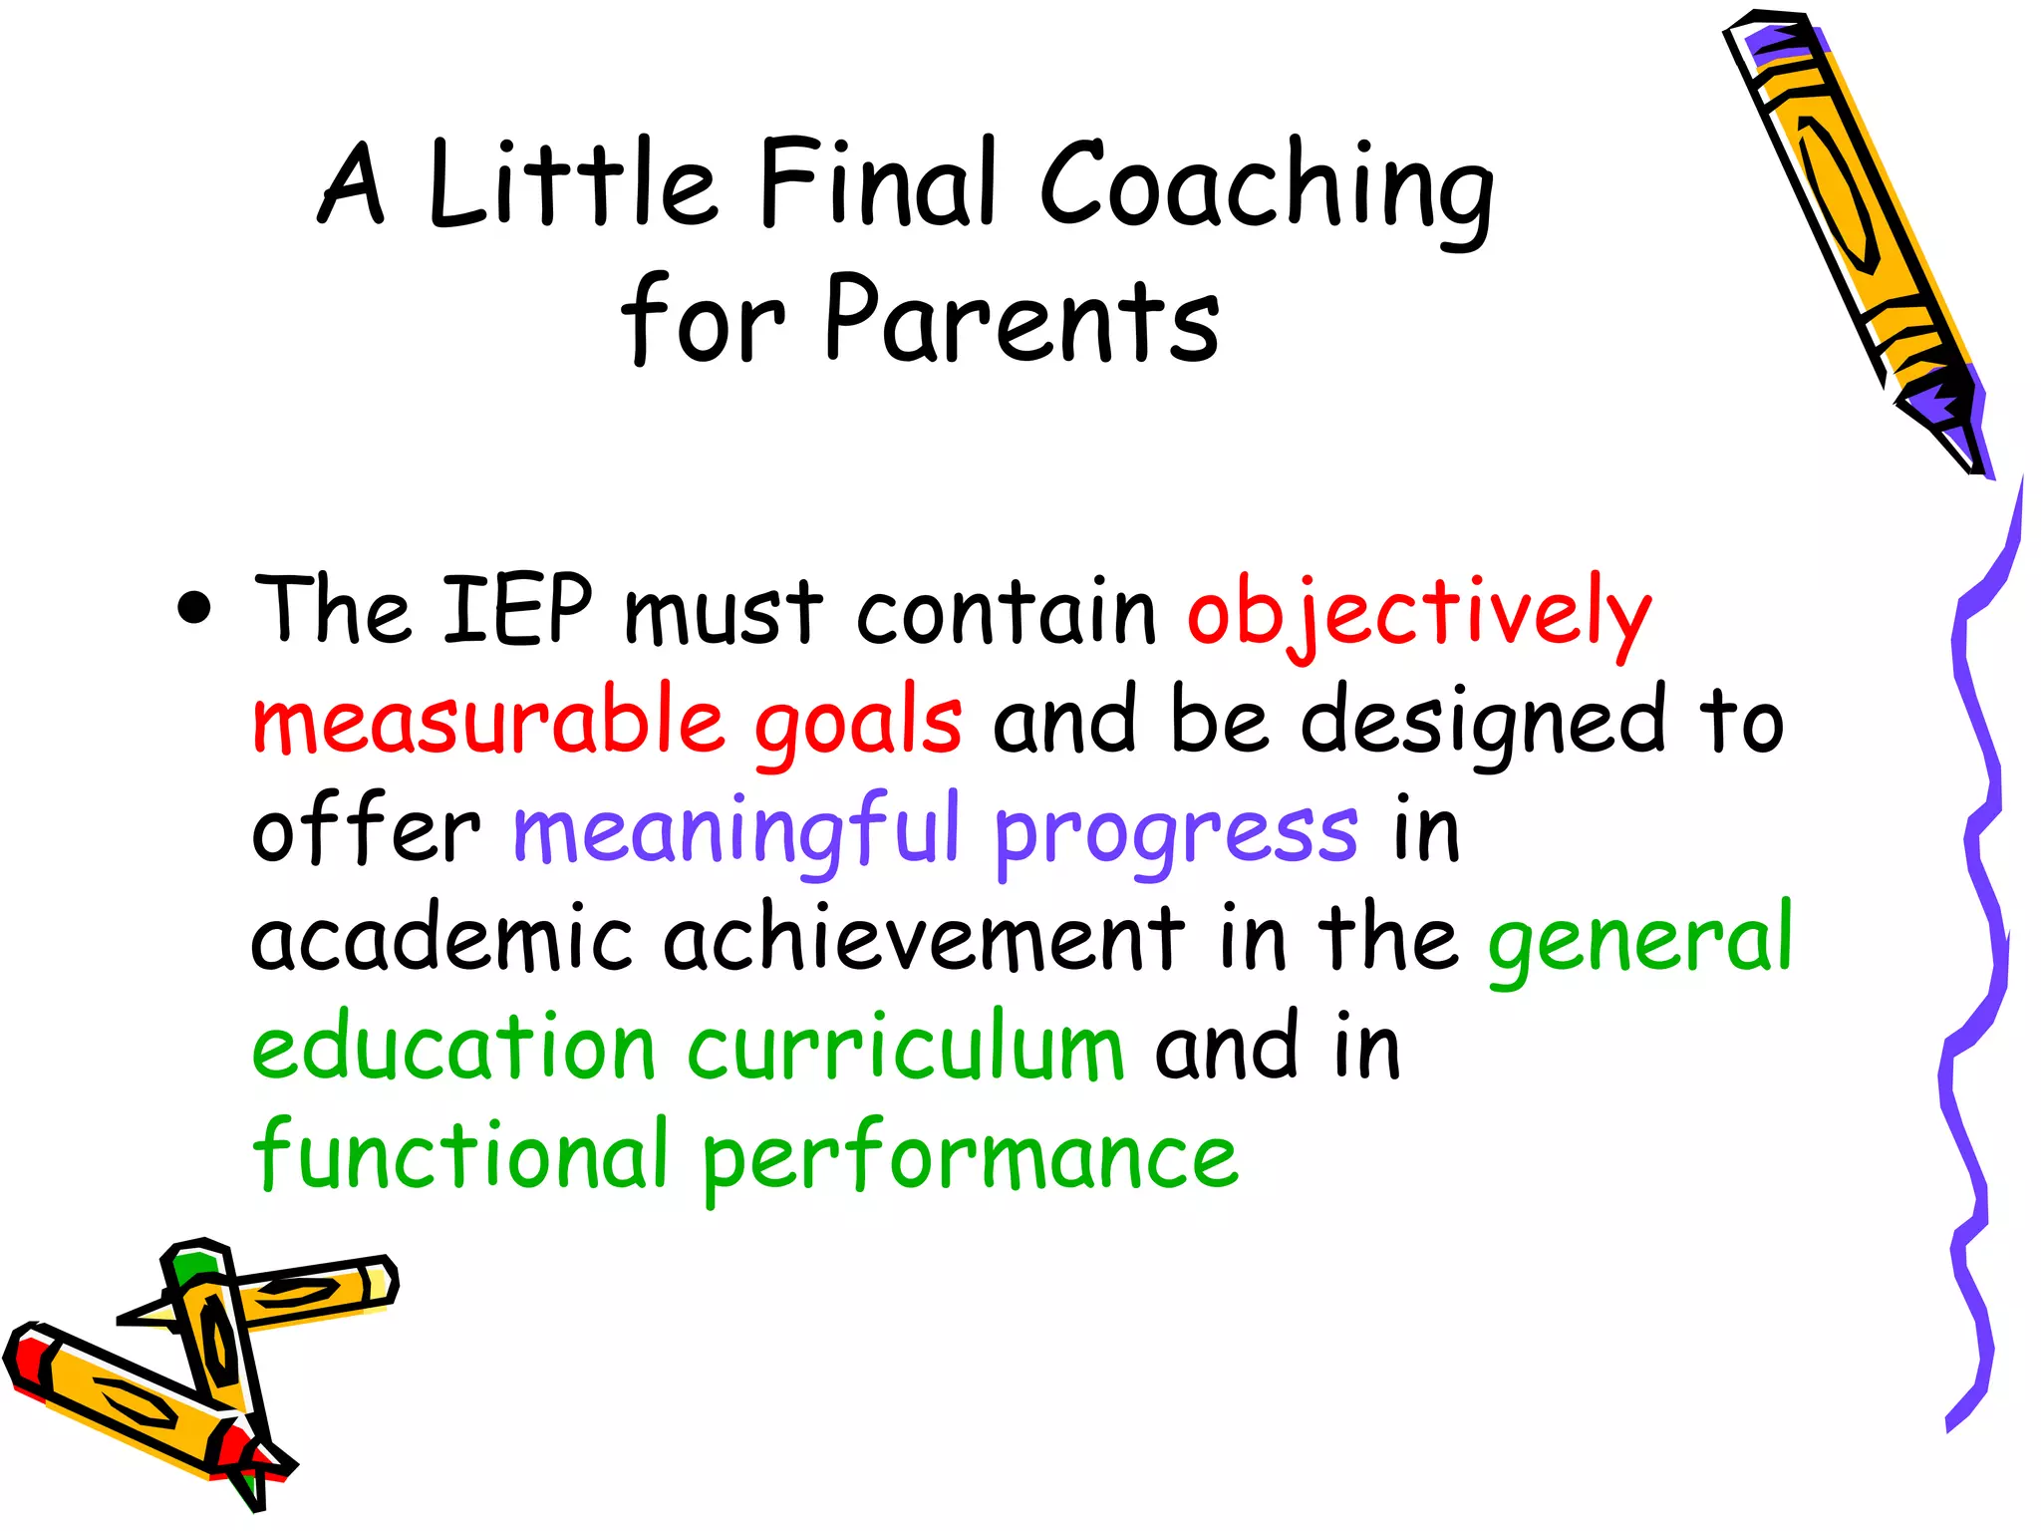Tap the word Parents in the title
click(x=1021, y=319)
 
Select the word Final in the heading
click(x=877, y=184)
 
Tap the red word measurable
click(x=488, y=720)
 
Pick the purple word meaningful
click(x=735, y=832)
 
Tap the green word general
click(x=1639, y=942)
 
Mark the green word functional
click(x=458, y=1156)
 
